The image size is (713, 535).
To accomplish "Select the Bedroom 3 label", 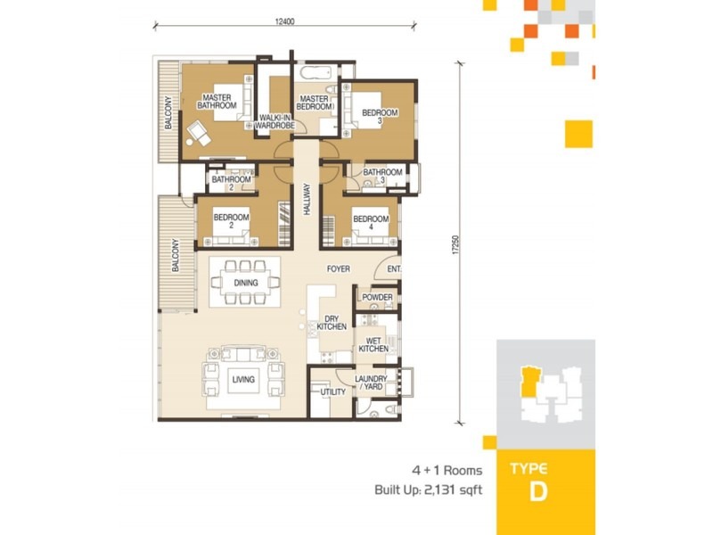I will pyautogui.click(x=381, y=117).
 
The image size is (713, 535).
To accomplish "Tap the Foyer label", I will pyautogui.click(x=338, y=268).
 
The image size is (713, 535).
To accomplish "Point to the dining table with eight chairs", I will pyautogui.click(x=245, y=283).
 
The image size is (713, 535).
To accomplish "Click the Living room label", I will pyautogui.click(x=243, y=380).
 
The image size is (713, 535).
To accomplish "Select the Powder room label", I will pyautogui.click(x=377, y=297).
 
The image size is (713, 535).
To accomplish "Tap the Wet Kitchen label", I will pyautogui.click(x=373, y=344).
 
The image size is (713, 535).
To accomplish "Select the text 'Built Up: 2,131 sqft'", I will pyautogui.click(x=429, y=490).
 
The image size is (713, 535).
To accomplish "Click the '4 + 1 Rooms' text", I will pyautogui.click(x=447, y=470).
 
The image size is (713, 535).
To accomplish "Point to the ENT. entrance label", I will pyautogui.click(x=393, y=269).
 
